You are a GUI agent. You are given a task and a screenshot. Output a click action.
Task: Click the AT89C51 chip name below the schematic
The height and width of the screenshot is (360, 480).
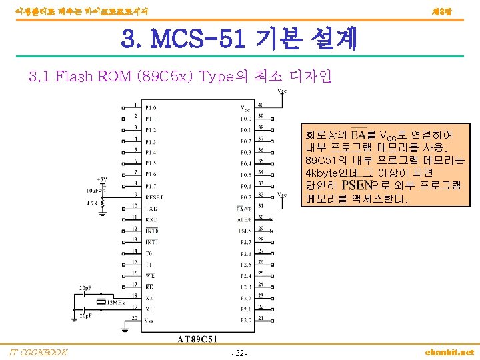pos(199,338)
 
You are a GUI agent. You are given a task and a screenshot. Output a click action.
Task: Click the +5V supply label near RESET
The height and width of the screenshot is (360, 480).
pos(101,179)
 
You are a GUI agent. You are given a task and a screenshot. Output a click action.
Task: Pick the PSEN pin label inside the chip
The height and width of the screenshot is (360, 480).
pos(246,230)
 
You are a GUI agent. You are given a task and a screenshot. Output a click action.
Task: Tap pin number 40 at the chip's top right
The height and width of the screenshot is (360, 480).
pos(261,104)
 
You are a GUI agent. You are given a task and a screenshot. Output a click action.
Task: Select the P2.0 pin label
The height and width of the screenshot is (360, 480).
pos(246,319)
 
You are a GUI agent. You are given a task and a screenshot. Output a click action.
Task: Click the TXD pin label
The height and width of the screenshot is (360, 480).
pos(151,209)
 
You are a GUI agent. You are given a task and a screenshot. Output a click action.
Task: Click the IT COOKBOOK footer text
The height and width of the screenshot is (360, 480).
pos(38,352)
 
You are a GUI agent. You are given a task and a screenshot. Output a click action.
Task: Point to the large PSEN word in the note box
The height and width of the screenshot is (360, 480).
pos(357,185)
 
